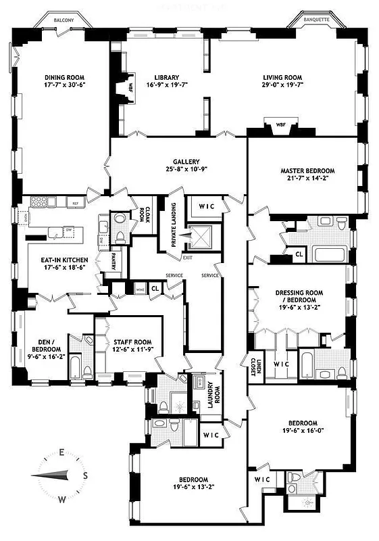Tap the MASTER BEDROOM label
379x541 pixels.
click(307, 171)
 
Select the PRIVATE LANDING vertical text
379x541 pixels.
click(174, 224)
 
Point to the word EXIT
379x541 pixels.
click(187, 258)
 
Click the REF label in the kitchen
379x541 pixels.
click(76, 203)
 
